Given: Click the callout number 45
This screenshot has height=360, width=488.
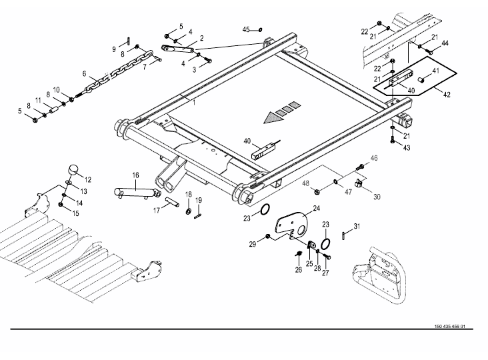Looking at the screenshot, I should pyautogui.click(x=245, y=30).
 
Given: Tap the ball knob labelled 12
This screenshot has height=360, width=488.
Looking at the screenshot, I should pyautogui.click(x=72, y=171).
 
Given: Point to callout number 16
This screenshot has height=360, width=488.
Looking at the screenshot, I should pyautogui.click(x=135, y=175).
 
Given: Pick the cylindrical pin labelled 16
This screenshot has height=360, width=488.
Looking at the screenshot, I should pyautogui.click(x=136, y=192).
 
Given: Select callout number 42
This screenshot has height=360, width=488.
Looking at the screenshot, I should pyautogui.click(x=447, y=95).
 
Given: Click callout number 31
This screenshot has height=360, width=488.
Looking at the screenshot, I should pyautogui.click(x=357, y=227).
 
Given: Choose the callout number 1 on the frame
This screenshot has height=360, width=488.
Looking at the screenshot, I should pyautogui.click(x=194, y=101).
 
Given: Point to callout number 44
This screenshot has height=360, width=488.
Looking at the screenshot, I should pyautogui.click(x=445, y=43).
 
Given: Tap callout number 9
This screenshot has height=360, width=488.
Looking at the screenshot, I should pyautogui.click(x=114, y=49).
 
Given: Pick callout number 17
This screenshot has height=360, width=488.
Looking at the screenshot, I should pyautogui.click(x=157, y=211).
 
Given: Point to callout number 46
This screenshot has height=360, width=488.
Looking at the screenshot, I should pyautogui.click(x=374, y=158).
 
